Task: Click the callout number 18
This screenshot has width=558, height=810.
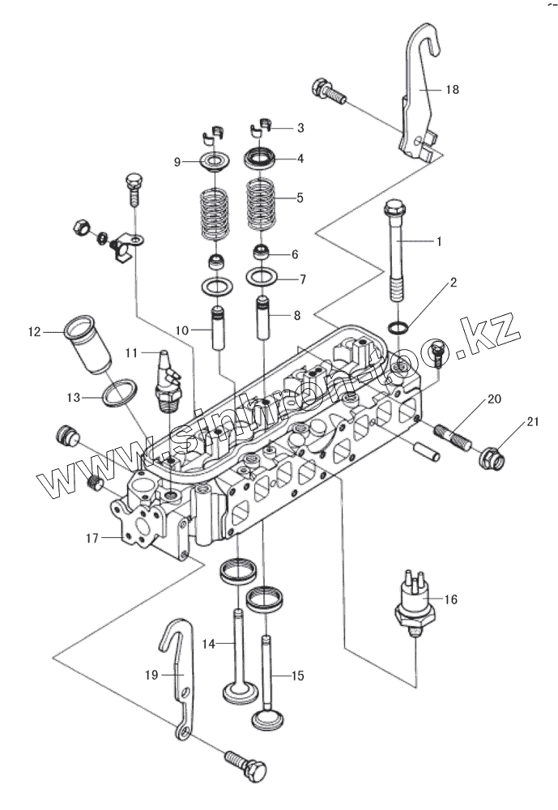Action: [451, 90]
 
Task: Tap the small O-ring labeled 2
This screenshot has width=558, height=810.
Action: [398, 328]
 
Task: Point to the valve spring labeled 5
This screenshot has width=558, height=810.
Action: [261, 198]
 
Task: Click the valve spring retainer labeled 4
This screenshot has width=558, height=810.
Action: [261, 158]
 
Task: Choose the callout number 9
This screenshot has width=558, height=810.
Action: [177, 163]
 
